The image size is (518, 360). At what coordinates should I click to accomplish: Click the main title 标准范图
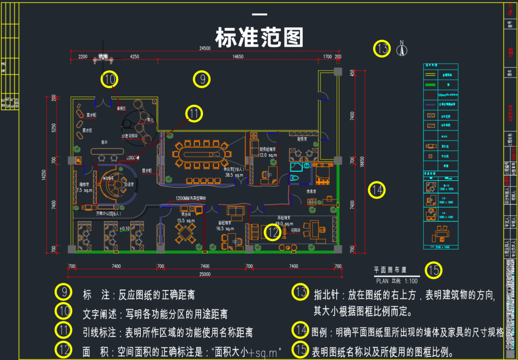[x=259, y=38]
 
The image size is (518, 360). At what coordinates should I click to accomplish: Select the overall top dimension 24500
[x=205, y=48]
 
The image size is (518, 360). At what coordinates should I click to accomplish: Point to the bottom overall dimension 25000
[x=205, y=274]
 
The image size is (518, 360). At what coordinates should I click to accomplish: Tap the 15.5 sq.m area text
[x=185, y=220]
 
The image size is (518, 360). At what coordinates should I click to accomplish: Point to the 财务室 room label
[x=302, y=139]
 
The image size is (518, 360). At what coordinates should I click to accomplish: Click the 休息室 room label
[x=311, y=191]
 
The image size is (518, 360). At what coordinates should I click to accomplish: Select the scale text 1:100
[x=411, y=281]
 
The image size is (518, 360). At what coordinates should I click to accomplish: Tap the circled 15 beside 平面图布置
[x=434, y=270]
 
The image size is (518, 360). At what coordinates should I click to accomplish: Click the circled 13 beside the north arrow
[x=382, y=49]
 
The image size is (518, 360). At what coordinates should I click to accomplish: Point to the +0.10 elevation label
[x=124, y=228]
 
